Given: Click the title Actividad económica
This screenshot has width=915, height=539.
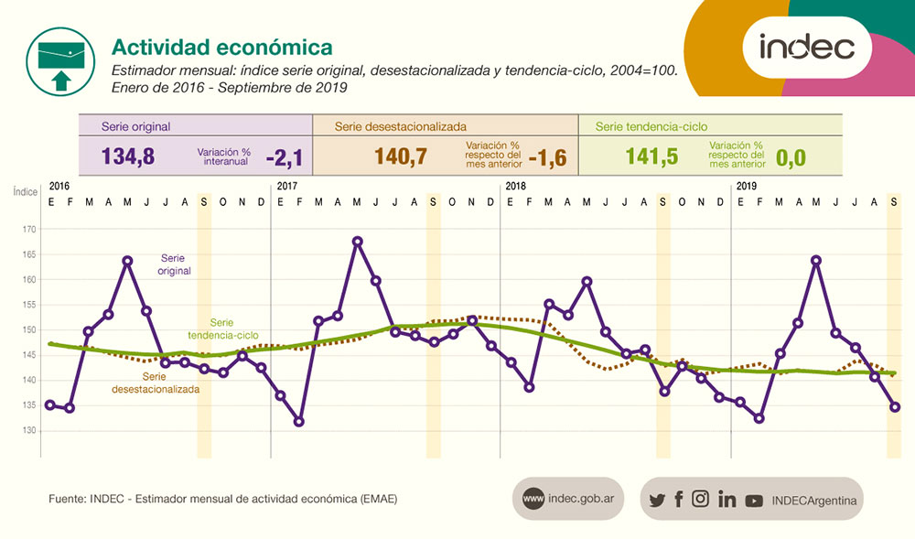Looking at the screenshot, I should click(221, 46).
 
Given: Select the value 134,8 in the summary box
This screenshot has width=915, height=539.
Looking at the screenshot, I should click(128, 156).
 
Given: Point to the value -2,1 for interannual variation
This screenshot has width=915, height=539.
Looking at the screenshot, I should click(284, 157).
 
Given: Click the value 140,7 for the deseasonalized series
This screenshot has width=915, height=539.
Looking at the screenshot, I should click(401, 156).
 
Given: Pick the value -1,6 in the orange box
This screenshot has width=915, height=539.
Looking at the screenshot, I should click(547, 157).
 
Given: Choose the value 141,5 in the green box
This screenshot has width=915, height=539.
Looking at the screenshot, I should click(651, 156).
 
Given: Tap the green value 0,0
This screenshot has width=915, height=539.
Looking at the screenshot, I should click(791, 157).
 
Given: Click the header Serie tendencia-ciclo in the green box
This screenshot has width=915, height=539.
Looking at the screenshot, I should click(651, 126).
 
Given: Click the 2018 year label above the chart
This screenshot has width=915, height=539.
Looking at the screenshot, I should click(516, 186).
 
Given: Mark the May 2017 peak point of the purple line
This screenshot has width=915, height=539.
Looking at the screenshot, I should click(358, 242).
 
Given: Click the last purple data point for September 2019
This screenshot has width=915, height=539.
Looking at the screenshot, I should click(895, 407).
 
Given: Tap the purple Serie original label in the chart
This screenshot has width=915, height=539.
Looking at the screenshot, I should click(175, 264).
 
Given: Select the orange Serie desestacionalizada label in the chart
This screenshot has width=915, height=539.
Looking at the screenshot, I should click(155, 383).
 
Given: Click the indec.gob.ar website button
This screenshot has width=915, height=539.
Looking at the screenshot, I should click(568, 499).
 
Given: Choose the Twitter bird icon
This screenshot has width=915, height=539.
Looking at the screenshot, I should click(656, 500).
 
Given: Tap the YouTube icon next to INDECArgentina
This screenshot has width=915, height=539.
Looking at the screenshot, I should click(754, 500).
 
